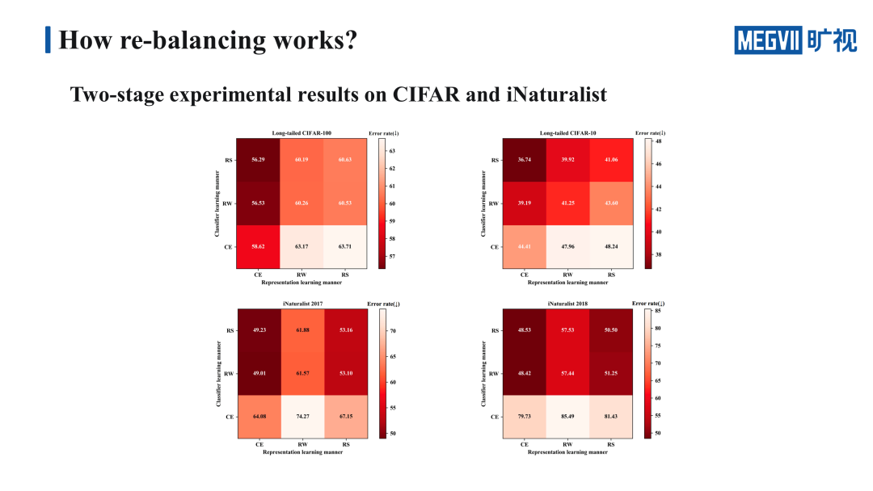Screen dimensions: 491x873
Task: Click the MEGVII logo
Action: pyautogui.click(x=795, y=40)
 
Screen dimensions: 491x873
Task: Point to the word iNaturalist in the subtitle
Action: pyautogui.click(x=556, y=94)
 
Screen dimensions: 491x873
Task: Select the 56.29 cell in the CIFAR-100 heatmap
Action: pyautogui.click(x=258, y=160)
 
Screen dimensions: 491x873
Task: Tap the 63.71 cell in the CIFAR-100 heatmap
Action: pyautogui.click(x=344, y=245)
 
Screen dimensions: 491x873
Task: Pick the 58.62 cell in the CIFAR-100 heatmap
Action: pyautogui.click(x=258, y=245)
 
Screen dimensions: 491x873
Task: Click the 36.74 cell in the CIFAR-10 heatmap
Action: pyautogui.click(x=525, y=160)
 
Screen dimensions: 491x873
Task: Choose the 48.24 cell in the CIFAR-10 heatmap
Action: pyautogui.click(x=611, y=245)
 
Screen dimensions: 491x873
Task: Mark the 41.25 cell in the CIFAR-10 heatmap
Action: pyautogui.click(x=567, y=203)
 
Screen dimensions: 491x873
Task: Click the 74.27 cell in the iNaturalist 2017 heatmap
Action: pyautogui.click(x=302, y=417)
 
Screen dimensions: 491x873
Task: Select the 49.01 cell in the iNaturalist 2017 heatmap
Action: pyautogui.click(x=259, y=374)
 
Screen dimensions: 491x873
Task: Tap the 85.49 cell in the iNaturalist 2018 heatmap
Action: pyautogui.click(x=567, y=417)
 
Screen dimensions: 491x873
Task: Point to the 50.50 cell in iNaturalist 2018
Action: pyautogui.click(x=611, y=331)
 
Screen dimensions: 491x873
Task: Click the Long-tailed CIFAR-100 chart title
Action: pyautogui.click(x=302, y=133)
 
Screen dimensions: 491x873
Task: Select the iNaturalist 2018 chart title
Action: pyautogui.click(x=567, y=304)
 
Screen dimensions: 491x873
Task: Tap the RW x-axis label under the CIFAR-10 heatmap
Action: pyautogui.click(x=567, y=275)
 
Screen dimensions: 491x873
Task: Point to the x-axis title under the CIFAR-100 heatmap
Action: pyautogui.click(x=302, y=283)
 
